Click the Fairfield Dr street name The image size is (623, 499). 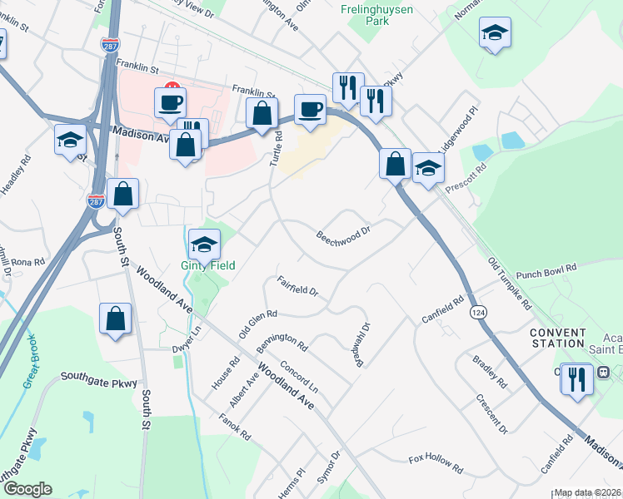pos(297,286)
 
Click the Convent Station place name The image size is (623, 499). pos(557,338)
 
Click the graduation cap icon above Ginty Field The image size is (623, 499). pos(204,244)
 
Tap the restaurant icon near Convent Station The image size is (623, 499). pos(576,379)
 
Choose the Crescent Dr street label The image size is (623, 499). pos(491,413)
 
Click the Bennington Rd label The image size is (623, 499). pos(282,341)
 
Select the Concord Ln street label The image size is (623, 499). pos(299,377)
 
